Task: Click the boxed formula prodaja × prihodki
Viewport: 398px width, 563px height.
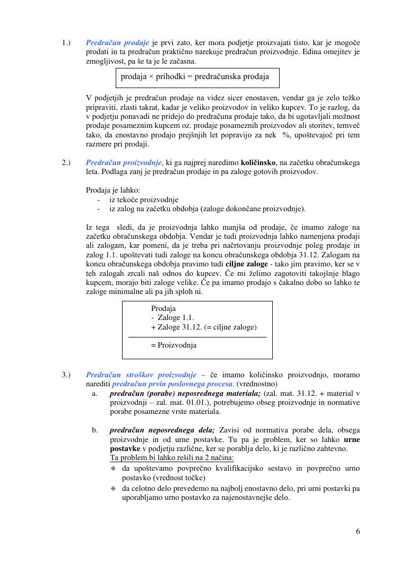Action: [x=195, y=77]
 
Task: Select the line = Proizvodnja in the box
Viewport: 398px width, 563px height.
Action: [x=174, y=345]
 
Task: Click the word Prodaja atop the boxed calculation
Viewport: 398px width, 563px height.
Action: [x=163, y=308]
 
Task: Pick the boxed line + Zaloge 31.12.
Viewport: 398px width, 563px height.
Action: [x=204, y=327]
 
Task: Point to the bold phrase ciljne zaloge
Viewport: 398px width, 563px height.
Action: [x=246, y=263]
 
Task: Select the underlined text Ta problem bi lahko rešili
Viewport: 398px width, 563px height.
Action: [x=171, y=458]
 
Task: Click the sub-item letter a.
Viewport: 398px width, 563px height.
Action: [x=95, y=393]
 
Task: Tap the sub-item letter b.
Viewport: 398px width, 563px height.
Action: [x=95, y=430]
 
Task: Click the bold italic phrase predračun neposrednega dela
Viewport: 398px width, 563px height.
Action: [x=162, y=430]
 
